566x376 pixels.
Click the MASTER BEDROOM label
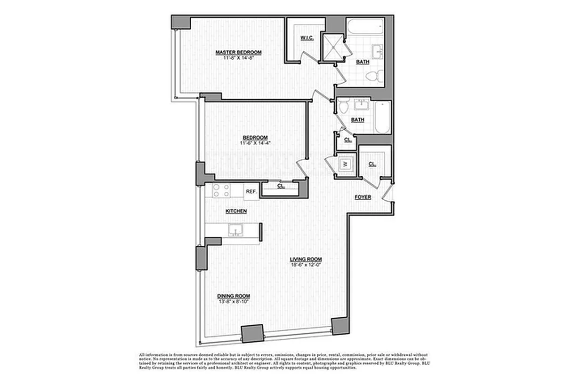pos(239,52)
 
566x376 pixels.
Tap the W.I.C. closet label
pos(307,38)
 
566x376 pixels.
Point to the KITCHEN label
pos(236,211)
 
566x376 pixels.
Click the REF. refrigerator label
pos(251,191)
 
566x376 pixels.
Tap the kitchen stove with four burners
pos(221,190)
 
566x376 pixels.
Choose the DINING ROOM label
pos(234,296)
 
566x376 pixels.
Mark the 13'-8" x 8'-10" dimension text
pos(233,301)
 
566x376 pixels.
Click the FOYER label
pos(363,197)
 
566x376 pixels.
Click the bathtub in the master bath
pos(365,27)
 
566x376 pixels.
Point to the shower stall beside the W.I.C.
pos(333,47)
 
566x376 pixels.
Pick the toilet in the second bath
pos(344,106)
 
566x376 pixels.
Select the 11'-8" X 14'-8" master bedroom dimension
pos(239,58)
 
